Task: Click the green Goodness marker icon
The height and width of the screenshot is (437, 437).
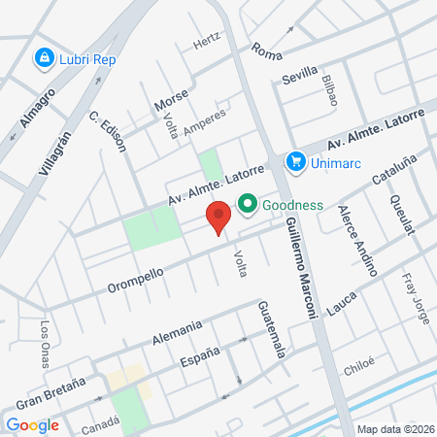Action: tap(248, 204)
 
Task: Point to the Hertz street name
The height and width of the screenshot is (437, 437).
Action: tap(207, 42)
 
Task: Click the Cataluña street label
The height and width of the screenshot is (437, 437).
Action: tap(394, 173)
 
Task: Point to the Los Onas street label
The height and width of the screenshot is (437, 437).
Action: tap(45, 338)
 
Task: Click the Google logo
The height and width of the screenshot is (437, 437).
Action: tap(32, 424)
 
